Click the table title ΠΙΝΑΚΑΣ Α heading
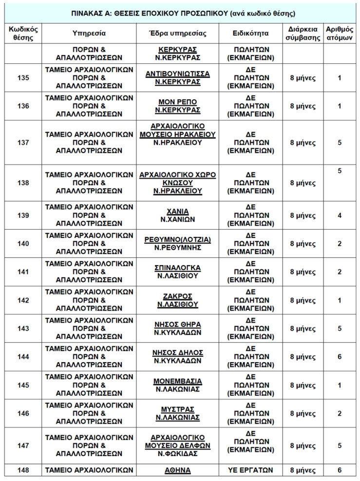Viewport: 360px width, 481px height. point(180,13)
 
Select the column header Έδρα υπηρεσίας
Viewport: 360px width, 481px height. point(177,34)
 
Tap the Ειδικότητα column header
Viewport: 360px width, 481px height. point(251,34)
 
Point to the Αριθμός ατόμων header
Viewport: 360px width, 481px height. point(340,34)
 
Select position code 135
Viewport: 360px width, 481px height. point(23,78)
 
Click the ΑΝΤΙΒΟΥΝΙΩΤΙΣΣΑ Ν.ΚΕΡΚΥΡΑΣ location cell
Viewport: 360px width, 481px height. point(177,78)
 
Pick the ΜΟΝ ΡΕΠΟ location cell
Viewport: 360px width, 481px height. point(177,106)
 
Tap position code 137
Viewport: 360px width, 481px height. point(23,143)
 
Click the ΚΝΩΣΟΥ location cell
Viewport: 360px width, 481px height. point(177,183)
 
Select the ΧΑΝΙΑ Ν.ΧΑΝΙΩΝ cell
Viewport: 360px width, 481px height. point(177,215)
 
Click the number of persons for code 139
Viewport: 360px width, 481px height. point(340,215)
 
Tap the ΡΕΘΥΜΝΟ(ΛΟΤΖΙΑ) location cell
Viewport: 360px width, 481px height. point(177,244)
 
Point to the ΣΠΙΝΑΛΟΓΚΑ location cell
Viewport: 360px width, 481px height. point(177,272)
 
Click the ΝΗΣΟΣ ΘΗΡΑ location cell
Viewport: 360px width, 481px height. point(177,328)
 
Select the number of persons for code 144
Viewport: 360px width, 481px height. point(340,357)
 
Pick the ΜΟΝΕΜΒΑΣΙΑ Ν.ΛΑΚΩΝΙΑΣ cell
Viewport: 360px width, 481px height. point(177,385)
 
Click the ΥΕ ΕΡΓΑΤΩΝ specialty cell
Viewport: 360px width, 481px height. point(251,470)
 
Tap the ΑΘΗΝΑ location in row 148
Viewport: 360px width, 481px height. point(177,470)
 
